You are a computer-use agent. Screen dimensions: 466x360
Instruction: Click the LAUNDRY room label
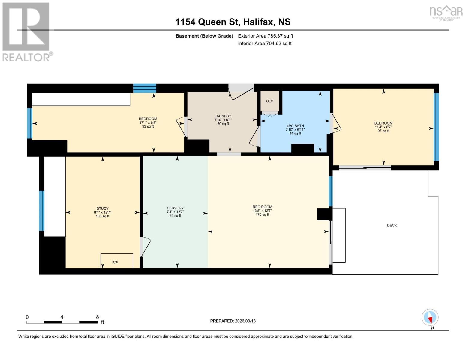[223, 116]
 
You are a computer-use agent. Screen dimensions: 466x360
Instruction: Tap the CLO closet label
[270, 101]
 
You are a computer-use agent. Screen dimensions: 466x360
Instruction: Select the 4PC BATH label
[295, 126]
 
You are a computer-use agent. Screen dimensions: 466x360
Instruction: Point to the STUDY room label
[103, 208]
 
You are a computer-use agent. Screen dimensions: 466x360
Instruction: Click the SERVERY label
[175, 208]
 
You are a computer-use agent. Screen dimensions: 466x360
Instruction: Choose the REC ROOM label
[262, 207]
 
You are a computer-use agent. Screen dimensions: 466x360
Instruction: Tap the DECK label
[392, 225]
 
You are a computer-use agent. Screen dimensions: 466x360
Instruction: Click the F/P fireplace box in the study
[117, 261]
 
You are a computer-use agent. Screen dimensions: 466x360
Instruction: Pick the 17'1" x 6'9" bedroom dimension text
[148, 123]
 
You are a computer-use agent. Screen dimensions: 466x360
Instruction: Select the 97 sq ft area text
[383, 131]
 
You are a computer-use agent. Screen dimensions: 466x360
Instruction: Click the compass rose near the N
[430, 317]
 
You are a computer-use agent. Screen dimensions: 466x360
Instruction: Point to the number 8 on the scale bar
[97, 317]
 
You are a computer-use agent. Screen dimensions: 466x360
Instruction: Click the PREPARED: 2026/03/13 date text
[233, 321]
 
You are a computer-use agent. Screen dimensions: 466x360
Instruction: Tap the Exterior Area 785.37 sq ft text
[266, 36]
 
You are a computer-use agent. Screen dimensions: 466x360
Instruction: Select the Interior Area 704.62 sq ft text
[265, 43]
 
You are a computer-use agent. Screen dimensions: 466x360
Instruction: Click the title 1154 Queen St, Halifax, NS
[233, 22]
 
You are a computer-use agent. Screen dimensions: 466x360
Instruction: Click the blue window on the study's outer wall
[42, 211]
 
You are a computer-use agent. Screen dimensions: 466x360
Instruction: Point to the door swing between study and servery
[145, 247]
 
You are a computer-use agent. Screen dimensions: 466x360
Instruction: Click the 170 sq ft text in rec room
[262, 214]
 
